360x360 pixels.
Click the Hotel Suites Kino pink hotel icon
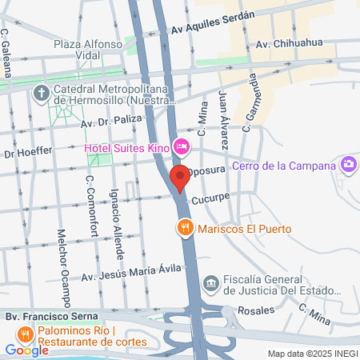point(182,147)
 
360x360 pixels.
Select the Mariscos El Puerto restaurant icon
point(185,228)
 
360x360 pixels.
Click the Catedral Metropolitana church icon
point(42,94)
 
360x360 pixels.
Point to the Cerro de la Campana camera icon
point(348,166)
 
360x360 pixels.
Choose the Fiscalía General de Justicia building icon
point(210,282)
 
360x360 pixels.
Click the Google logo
point(26,350)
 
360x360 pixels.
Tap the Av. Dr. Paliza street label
point(110,122)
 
